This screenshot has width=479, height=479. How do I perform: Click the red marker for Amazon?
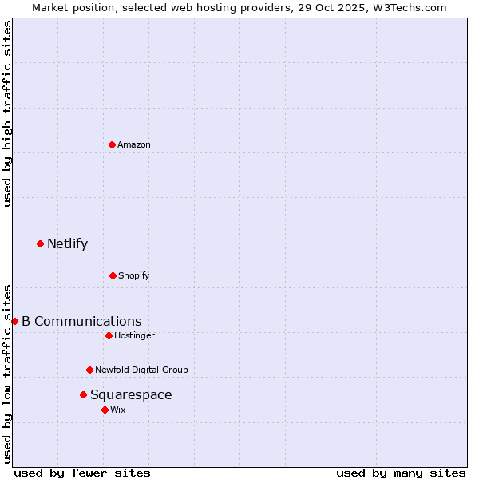[112, 144]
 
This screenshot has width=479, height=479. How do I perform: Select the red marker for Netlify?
[40, 243]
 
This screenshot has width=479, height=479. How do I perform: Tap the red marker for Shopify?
[113, 275]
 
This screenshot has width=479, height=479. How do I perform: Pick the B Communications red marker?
[14, 321]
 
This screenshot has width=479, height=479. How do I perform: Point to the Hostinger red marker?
[109, 335]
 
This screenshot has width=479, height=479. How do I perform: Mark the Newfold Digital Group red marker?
[89, 370]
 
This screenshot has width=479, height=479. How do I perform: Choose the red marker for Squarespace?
[83, 394]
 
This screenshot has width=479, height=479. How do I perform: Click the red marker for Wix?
[105, 410]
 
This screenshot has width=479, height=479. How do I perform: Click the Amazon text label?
[134, 144]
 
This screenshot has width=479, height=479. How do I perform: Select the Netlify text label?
[67, 243]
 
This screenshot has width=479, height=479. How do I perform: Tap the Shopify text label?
[134, 275]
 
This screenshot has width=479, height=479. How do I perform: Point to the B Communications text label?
[81, 321]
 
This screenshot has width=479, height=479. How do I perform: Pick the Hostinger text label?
[134, 335]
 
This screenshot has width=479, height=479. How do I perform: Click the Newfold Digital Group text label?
[141, 370]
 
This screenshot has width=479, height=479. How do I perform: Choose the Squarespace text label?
[131, 394]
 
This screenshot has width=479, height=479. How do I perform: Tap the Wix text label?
[118, 410]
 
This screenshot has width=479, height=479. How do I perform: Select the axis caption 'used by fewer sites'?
[82, 473]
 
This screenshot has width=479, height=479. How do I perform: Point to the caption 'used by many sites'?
[401, 473]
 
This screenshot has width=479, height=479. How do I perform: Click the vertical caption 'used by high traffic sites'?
[7, 113]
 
